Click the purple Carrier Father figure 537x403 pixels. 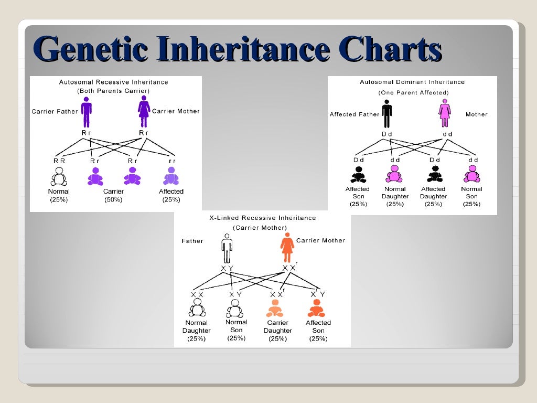click(x=86, y=111)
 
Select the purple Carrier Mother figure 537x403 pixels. click(x=144, y=111)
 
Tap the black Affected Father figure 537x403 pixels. click(x=387, y=114)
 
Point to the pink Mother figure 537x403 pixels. click(x=445, y=114)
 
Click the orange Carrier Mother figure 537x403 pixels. click(x=287, y=248)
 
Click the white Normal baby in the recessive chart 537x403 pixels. click(x=59, y=177)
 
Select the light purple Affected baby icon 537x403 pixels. click(x=171, y=177)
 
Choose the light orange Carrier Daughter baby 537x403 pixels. click(x=275, y=308)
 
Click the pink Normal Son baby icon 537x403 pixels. click(x=471, y=174)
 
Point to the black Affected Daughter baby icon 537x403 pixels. click(x=434, y=174)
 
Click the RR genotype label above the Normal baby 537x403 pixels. click(x=59, y=161)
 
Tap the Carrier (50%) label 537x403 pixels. click(x=114, y=196)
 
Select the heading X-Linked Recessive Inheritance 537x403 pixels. click(x=262, y=217)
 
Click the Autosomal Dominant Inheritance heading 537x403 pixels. click(x=412, y=82)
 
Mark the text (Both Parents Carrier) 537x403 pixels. click(x=113, y=91)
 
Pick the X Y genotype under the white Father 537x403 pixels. click(x=227, y=269)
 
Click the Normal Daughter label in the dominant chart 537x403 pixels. click(x=394, y=193)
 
